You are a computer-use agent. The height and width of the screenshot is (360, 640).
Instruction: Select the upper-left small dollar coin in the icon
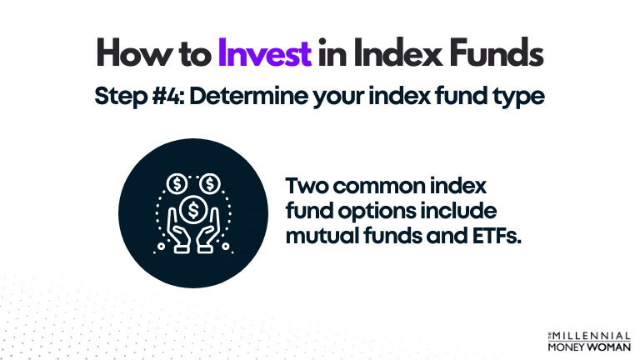[178, 182]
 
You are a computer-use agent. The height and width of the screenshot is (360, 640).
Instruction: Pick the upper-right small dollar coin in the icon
[210, 182]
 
